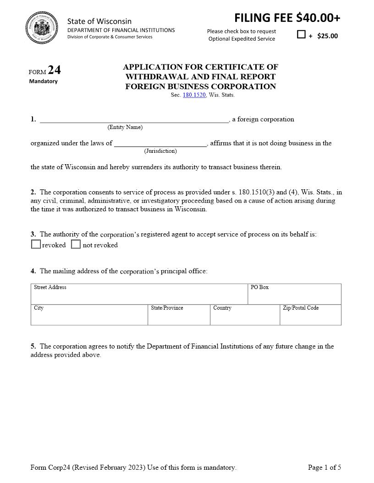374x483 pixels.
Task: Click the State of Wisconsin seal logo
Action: [x=42, y=28]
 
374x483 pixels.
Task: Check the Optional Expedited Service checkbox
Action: [x=301, y=34]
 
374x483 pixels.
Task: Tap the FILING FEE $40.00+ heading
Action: [x=287, y=18]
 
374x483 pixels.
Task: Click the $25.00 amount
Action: [x=327, y=36]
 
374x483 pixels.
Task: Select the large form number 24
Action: [x=54, y=70]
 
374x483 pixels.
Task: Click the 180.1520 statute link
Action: [x=194, y=95]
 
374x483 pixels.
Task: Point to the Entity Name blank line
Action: [x=134, y=120]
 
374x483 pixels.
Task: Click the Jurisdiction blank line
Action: [x=160, y=144]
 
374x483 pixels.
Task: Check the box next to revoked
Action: [x=36, y=244]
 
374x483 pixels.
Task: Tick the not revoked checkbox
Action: [x=76, y=244]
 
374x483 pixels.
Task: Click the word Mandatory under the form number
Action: [x=44, y=81]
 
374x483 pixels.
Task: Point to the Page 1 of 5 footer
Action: [x=324, y=467]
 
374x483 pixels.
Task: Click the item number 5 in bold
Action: [x=33, y=346]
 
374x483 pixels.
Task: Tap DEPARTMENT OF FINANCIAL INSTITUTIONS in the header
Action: [x=121, y=30]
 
